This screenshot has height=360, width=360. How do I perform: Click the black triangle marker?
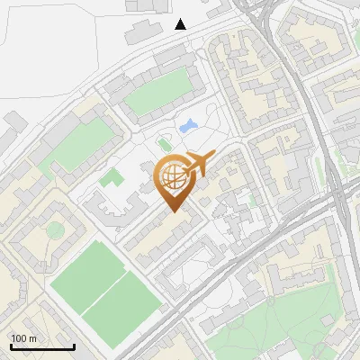point(181,24)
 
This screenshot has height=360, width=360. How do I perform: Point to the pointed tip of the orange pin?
point(174,212)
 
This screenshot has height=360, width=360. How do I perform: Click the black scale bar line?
point(42,346)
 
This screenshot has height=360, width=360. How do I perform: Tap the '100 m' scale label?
point(24,338)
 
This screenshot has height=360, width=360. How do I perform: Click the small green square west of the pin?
point(110,177)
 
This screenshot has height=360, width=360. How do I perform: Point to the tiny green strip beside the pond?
point(164,144)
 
